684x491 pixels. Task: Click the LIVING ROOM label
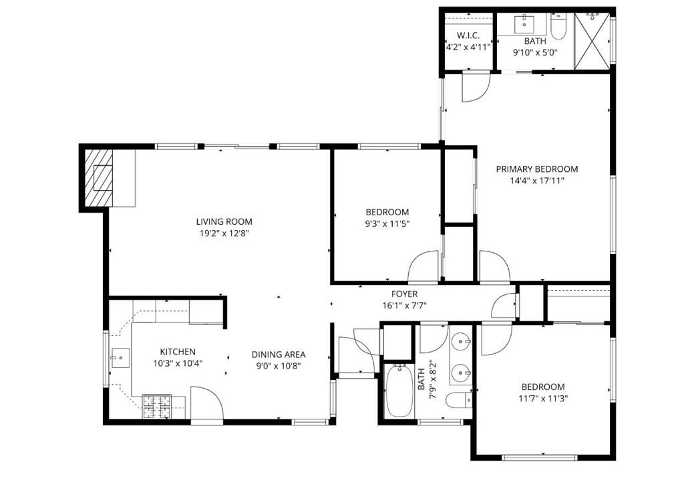click(224, 221)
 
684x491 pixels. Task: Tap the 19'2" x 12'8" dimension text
click(224, 233)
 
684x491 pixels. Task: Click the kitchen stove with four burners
click(157, 407)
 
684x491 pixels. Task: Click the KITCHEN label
click(177, 351)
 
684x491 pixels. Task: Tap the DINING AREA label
click(279, 355)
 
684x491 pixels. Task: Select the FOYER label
click(404, 294)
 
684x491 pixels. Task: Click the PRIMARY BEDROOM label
click(536, 169)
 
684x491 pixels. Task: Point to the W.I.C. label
click(468, 35)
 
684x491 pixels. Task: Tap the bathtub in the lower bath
click(400, 391)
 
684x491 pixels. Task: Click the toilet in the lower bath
click(460, 401)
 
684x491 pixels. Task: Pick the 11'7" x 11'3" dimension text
click(542, 398)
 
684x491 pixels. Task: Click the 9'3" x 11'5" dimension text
click(387, 223)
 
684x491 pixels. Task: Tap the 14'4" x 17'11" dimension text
click(536, 180)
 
